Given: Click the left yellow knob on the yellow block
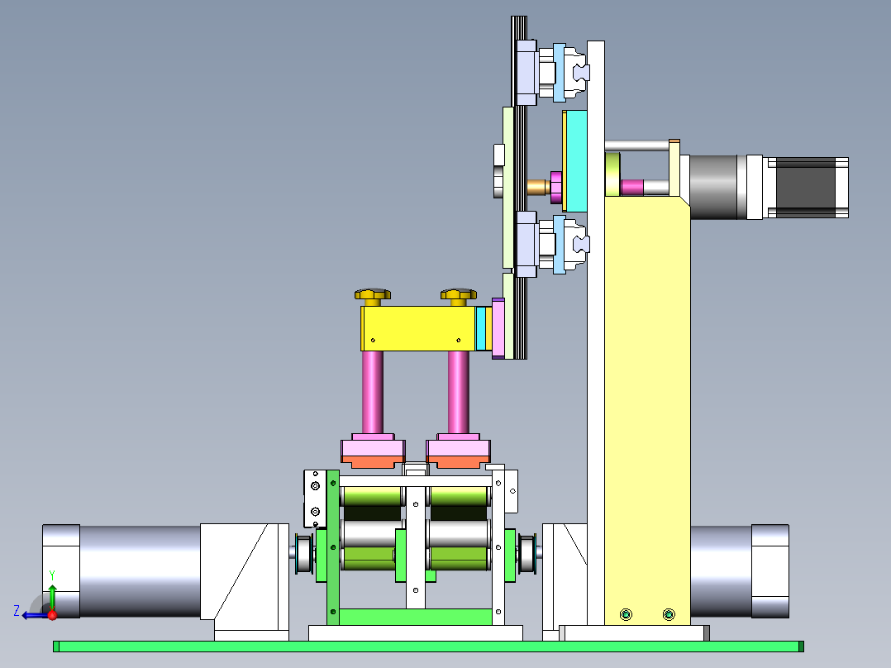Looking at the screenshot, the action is (373, 296).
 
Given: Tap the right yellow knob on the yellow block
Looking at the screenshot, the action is (459, 296).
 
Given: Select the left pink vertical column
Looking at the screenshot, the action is (372, 392).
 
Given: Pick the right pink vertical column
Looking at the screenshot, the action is (458, 392).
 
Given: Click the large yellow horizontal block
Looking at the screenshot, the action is (418, 328).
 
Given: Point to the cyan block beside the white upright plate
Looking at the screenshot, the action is (576, 161).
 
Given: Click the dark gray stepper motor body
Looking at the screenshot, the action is (806, 188).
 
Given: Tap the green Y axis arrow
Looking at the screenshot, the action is (52, 598).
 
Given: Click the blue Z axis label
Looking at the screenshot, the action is (17, 611).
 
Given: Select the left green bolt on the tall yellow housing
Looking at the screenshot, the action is (626, 614).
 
